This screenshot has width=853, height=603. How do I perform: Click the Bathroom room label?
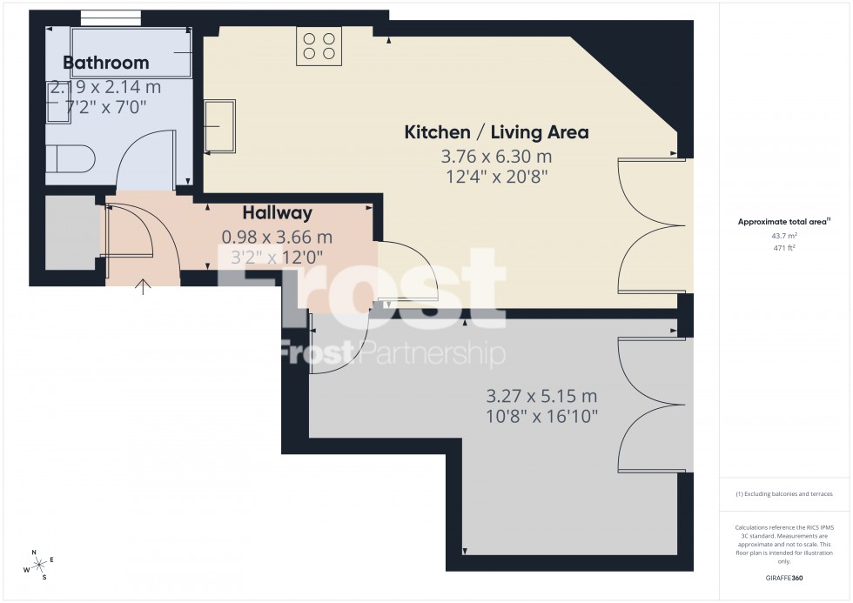click(105, 63)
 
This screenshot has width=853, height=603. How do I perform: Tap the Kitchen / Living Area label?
click(496, 132)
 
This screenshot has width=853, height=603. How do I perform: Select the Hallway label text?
click(277, 212)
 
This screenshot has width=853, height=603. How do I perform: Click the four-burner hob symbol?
click(318, 46)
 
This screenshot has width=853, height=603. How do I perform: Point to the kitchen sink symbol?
click(218, 127)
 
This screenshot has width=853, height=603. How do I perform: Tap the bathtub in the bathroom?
click(131, 53)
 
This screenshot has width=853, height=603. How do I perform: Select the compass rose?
click(39, 565)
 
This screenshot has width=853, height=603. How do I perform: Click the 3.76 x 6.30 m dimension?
click(496, 157)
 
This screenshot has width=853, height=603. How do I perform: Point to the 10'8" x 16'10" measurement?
click(541, 416)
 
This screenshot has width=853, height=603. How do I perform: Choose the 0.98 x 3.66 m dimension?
click(277, 237)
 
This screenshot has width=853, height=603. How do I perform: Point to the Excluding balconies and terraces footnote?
click(784, 494)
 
